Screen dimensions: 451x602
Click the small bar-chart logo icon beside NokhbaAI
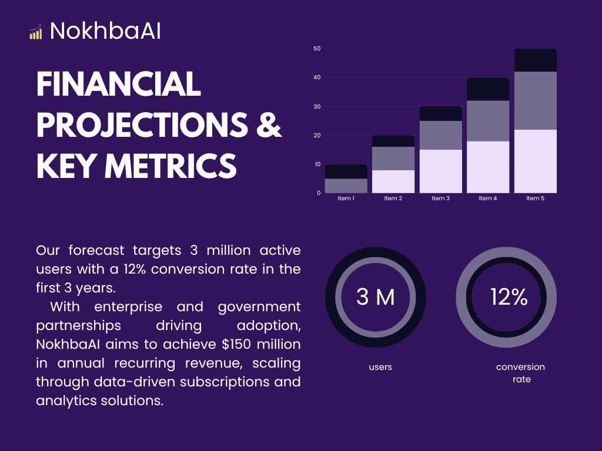36,32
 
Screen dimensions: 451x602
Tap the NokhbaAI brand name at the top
105,31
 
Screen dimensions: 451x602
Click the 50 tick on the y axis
317,49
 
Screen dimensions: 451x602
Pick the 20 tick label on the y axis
317,136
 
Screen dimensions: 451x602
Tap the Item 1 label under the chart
346,198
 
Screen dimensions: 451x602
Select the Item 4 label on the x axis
488,198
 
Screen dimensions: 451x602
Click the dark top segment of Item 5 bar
535,60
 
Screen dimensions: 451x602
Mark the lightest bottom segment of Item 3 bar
441,171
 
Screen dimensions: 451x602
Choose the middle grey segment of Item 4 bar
488,121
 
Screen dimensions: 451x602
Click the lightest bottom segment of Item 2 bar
393,181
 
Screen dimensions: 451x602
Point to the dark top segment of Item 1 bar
346,171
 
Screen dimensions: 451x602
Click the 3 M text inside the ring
376,298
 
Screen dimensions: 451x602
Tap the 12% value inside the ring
509,298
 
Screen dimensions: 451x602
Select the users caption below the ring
380,367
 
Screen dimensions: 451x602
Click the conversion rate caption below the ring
521,373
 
